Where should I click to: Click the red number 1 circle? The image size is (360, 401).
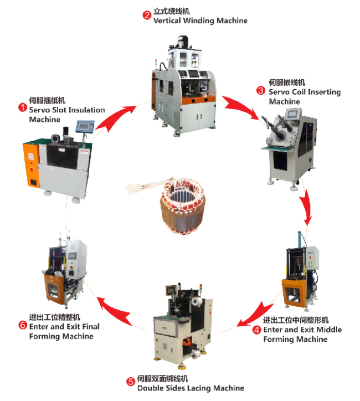(23, 106)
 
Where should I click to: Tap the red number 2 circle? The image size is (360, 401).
(147, 15)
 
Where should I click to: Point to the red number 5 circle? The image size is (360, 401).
(130, 382)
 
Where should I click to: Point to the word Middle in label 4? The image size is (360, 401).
(328, 330)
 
